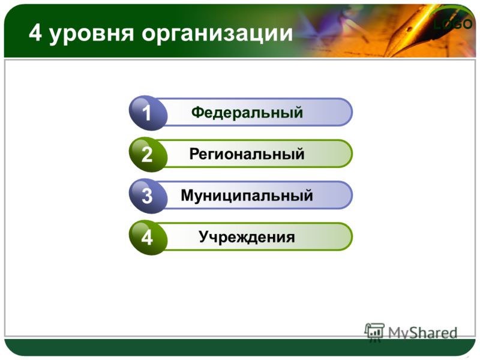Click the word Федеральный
tap(247, 112)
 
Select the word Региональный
tap(247, 154)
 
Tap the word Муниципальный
tap(247, 196)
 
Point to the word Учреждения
tap(247, 236)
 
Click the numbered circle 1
tap(148, 113)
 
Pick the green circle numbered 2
tap(148, 154)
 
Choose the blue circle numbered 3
tap(148, 196)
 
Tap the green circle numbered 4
tap(148, 238)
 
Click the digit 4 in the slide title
tap(35, 32)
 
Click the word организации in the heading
tap(217, 34)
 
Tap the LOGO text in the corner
tap(453, 24)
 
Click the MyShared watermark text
tap(422, 333)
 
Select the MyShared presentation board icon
tap(374, 331)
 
